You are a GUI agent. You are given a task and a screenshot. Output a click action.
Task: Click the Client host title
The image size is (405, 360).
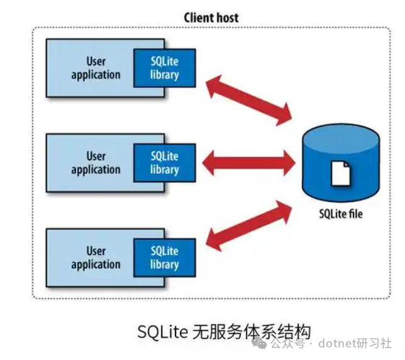click(211, 17)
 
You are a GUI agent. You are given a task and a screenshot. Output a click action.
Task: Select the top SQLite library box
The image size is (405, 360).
click(164, 68)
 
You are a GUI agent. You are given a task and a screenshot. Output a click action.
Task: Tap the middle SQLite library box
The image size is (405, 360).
click(164, 163)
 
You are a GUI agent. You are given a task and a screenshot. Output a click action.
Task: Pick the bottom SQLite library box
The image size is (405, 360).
click(164, 258)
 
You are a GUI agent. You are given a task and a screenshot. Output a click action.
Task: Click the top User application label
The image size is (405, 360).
click(96, 68)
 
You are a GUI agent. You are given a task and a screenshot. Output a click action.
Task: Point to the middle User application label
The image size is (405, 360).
click(96, 163)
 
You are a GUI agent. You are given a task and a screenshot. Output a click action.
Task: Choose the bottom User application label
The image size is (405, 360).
click(96, 258)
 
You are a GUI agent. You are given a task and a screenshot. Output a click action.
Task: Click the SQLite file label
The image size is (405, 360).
click(340, 215)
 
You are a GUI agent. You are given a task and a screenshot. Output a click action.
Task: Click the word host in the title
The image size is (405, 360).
click(227, 17)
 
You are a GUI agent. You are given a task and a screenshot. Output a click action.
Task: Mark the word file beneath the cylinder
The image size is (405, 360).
click(355, 215)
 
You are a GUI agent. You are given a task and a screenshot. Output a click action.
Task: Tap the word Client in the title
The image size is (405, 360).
click(198, 17)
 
